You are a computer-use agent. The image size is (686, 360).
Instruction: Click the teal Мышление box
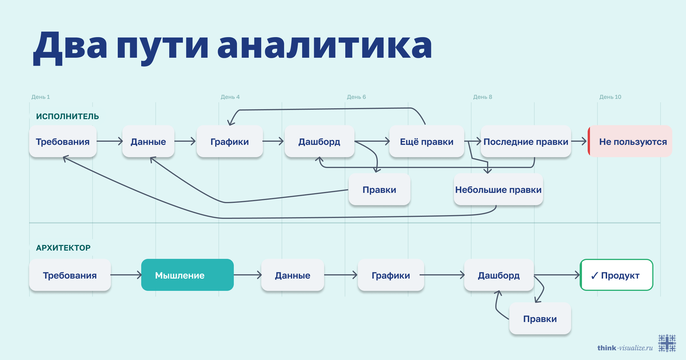pos(187,275)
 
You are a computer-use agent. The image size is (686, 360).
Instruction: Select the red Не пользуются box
pos(630,141)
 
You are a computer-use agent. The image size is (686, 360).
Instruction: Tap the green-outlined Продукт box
pos(616,275)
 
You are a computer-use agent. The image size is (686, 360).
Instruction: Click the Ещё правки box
pos(426,141)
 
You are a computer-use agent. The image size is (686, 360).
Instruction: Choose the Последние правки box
pos(526,141)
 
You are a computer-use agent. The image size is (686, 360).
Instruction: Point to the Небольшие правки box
pos(498,189)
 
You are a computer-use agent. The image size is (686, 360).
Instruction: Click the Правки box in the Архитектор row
pos(540,318)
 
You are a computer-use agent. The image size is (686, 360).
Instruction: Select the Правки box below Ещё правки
pos(379,189)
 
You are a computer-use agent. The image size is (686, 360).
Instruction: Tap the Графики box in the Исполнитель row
pos(230,141)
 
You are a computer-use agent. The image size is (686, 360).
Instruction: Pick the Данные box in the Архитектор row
pos(292,275)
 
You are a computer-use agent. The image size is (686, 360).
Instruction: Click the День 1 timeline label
pos(41,97)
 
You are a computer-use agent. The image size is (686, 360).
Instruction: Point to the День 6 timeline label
pos(356,97)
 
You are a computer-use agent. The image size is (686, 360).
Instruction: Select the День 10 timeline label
pos(610,97)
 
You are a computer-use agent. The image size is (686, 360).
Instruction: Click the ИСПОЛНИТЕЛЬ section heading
pos(67,116)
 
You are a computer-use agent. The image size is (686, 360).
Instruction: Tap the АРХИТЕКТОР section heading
pos(63,247)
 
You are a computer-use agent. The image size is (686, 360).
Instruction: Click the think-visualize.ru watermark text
pos(625,348)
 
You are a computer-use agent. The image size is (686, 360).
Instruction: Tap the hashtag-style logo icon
pos(667,343)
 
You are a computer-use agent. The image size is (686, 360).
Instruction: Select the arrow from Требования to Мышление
pos(126,275)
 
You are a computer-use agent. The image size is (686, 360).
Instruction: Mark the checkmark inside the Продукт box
pos(595,275)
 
